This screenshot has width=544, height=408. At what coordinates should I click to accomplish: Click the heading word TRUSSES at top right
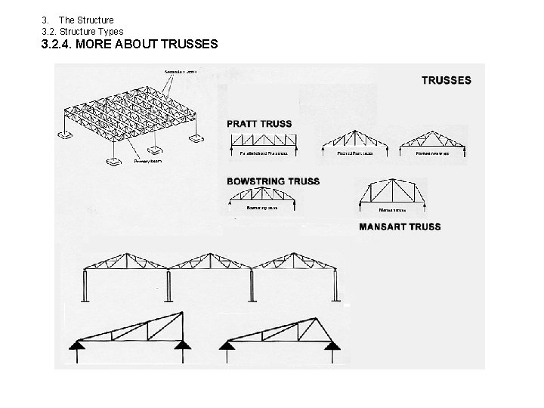pos(446,80)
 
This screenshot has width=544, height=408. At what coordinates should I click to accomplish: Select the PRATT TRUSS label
pos(259,123)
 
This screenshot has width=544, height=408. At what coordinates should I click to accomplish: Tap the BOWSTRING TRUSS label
pos(273,181)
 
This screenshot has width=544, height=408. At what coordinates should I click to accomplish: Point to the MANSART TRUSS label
pos(400,226)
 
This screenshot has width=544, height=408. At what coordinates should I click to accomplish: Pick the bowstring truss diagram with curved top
pos(262,198)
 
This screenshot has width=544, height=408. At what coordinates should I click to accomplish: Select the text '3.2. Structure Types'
pos(82,31)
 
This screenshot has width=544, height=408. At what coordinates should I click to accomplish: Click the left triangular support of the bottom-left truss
pos(76,345)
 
